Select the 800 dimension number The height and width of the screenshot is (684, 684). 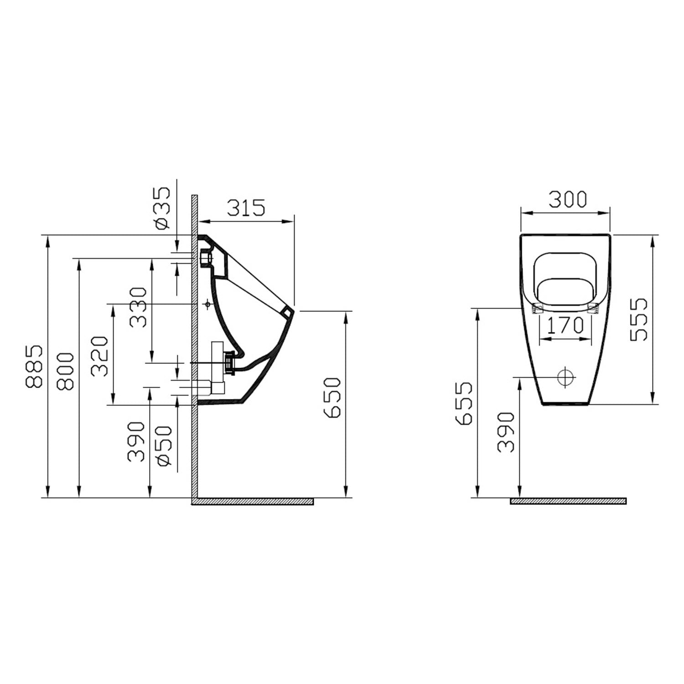(x=65, y=371)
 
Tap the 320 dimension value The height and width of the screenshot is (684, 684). (x=100, y=356)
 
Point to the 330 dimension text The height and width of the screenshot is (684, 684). (x=138, y=307)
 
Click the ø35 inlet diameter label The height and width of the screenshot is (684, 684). (x=163, y=207)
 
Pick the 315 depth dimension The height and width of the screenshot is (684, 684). (x=246, y=208)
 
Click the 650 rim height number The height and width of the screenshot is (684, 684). (x=332, y=398)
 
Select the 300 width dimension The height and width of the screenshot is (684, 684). (x=567, y=199)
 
